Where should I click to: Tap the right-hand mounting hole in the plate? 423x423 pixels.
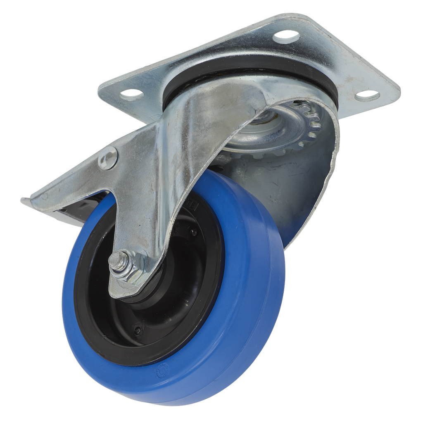(x=367, y=95)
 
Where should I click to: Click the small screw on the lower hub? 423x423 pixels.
(x=138, y=330)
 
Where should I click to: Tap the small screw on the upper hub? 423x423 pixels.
(x=193, y=233)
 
